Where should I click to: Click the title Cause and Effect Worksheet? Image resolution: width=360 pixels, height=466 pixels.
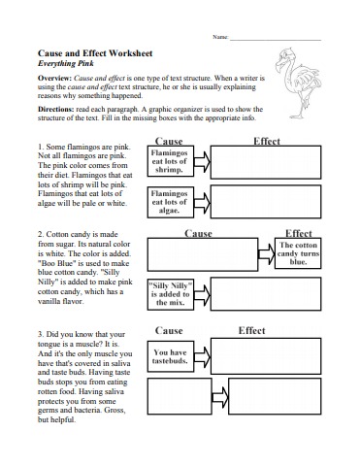pyautogui.click(x=90, y=56)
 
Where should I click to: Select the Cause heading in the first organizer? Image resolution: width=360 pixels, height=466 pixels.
pyautogui.click(x=178, y=142)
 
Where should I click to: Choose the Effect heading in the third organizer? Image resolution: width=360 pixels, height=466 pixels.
pyautogui.click(x=251, y=331)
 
